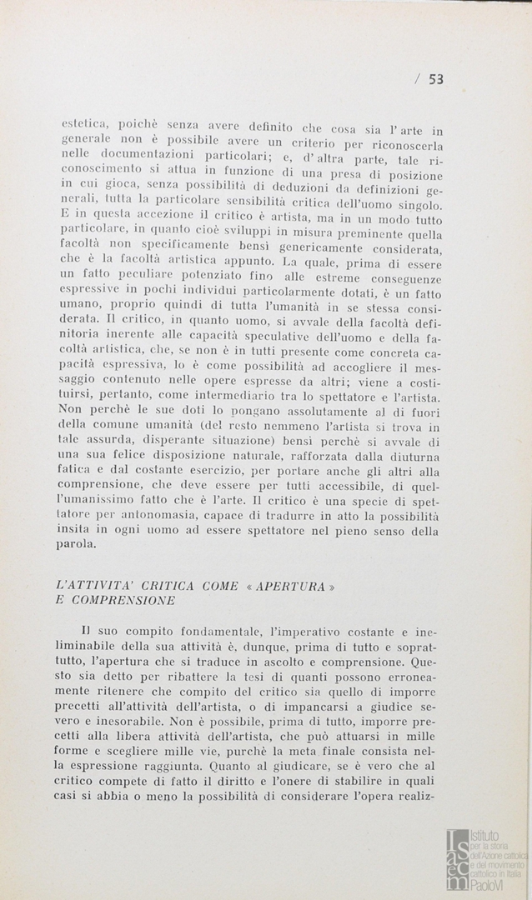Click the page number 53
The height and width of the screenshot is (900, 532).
tap(436, 79)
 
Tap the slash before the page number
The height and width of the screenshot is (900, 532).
tap(417, 79)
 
